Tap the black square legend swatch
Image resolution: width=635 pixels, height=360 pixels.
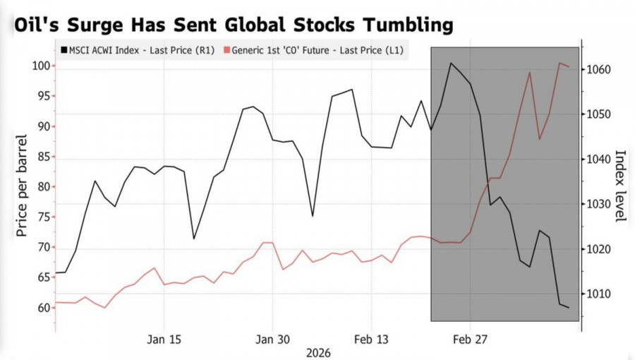click(64, 50)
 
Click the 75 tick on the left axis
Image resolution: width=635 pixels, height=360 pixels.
click(42, 217)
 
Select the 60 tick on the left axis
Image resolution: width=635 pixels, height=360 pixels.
click(42, 308)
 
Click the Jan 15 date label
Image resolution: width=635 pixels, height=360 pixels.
click(164, 340)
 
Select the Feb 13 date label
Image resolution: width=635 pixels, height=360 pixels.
click(371, 340)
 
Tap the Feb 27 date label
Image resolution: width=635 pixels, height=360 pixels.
click(470, 340)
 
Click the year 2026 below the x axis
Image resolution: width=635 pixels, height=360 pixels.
click(317, 352)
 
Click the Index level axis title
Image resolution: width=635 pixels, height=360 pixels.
click(620, 186)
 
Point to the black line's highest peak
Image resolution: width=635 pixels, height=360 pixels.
click(451, 64)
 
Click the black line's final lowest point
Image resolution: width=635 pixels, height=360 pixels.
click(569, 308)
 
